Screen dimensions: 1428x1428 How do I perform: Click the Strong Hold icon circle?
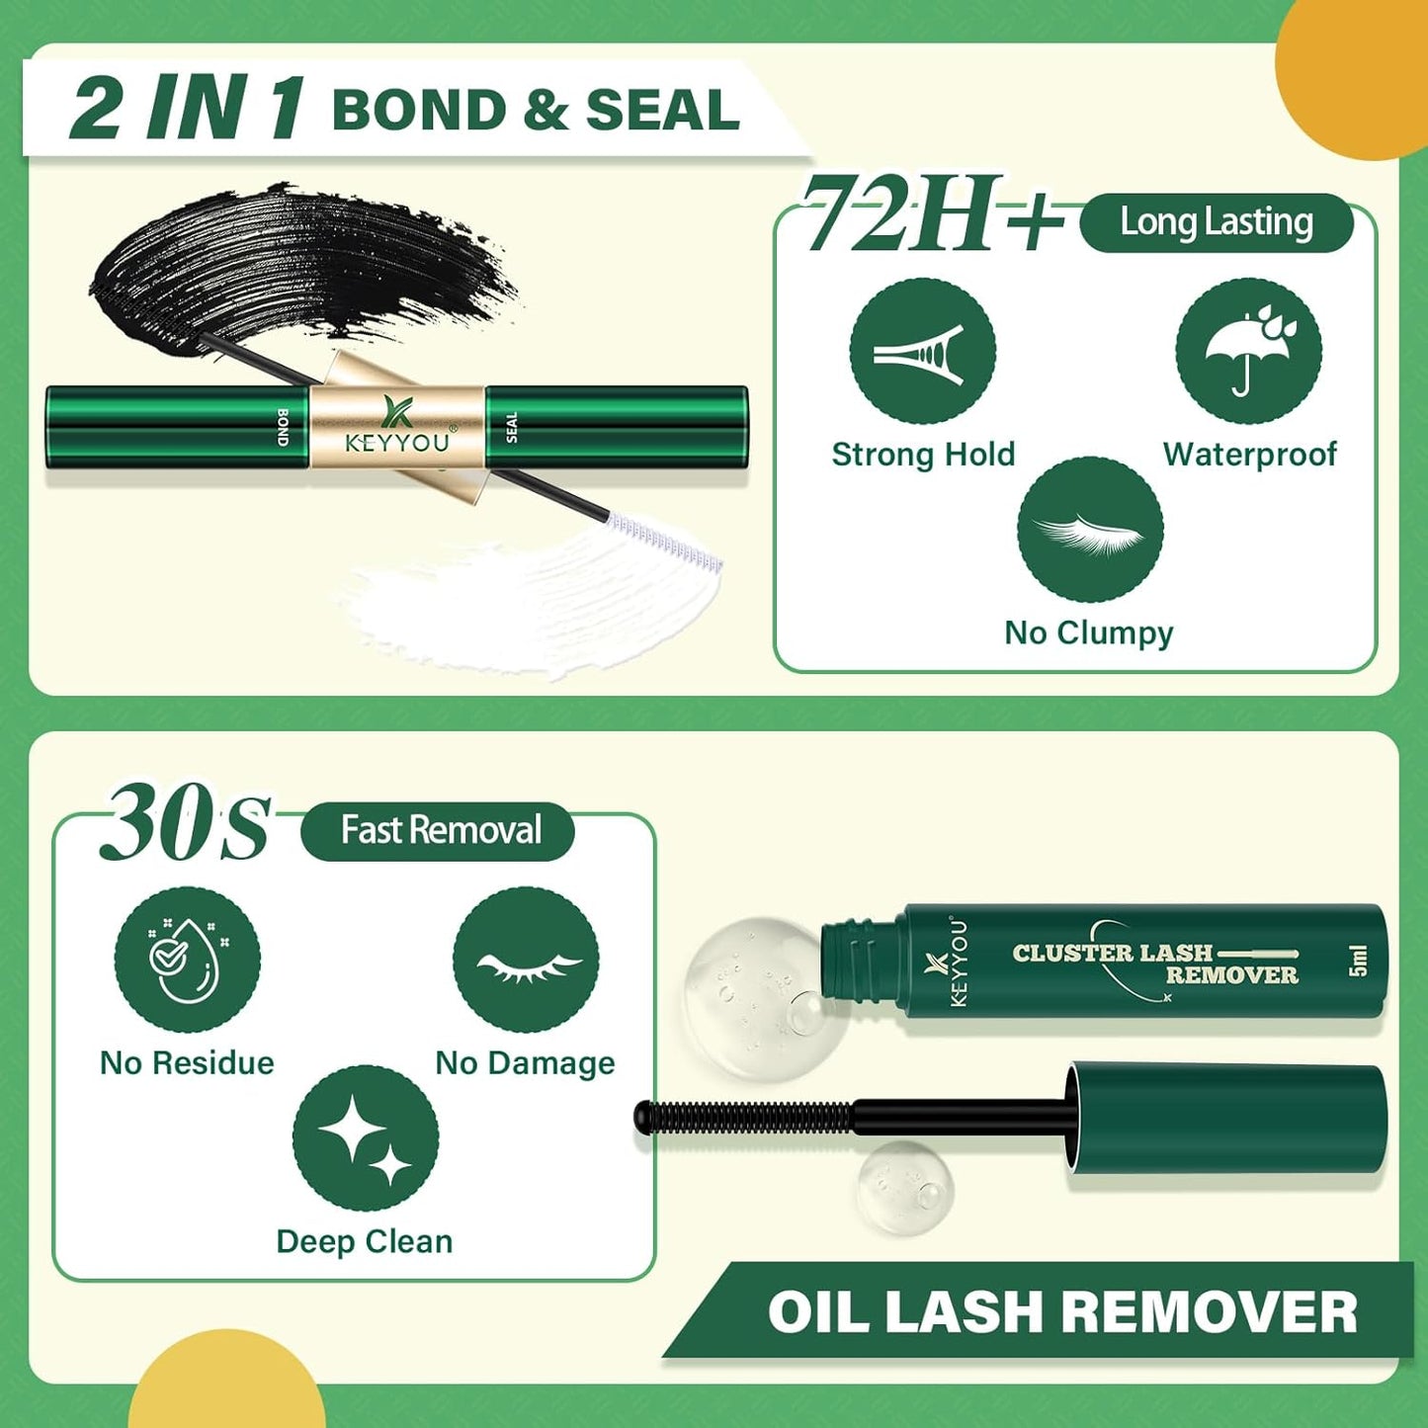[922, 351]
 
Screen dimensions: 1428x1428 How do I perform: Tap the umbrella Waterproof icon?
[1248, 351]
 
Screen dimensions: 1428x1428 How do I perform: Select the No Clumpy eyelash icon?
[1090, 530]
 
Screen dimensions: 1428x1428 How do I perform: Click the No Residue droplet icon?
[187, 960]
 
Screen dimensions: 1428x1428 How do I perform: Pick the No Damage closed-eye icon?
[526, 960]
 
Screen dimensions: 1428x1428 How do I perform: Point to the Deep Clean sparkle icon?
[366, 1138]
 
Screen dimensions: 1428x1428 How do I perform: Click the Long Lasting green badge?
[1216, 222]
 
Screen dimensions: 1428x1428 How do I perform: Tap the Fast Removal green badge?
[439, 830]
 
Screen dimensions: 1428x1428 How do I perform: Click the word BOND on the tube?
[284, 427]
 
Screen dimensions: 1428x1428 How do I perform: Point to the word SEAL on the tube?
[511, 427]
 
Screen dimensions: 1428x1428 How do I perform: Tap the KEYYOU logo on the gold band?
[397, 427]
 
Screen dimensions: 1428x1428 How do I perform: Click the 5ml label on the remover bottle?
[1359, 960]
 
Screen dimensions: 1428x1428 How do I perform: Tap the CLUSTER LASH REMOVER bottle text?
[1154, 964]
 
